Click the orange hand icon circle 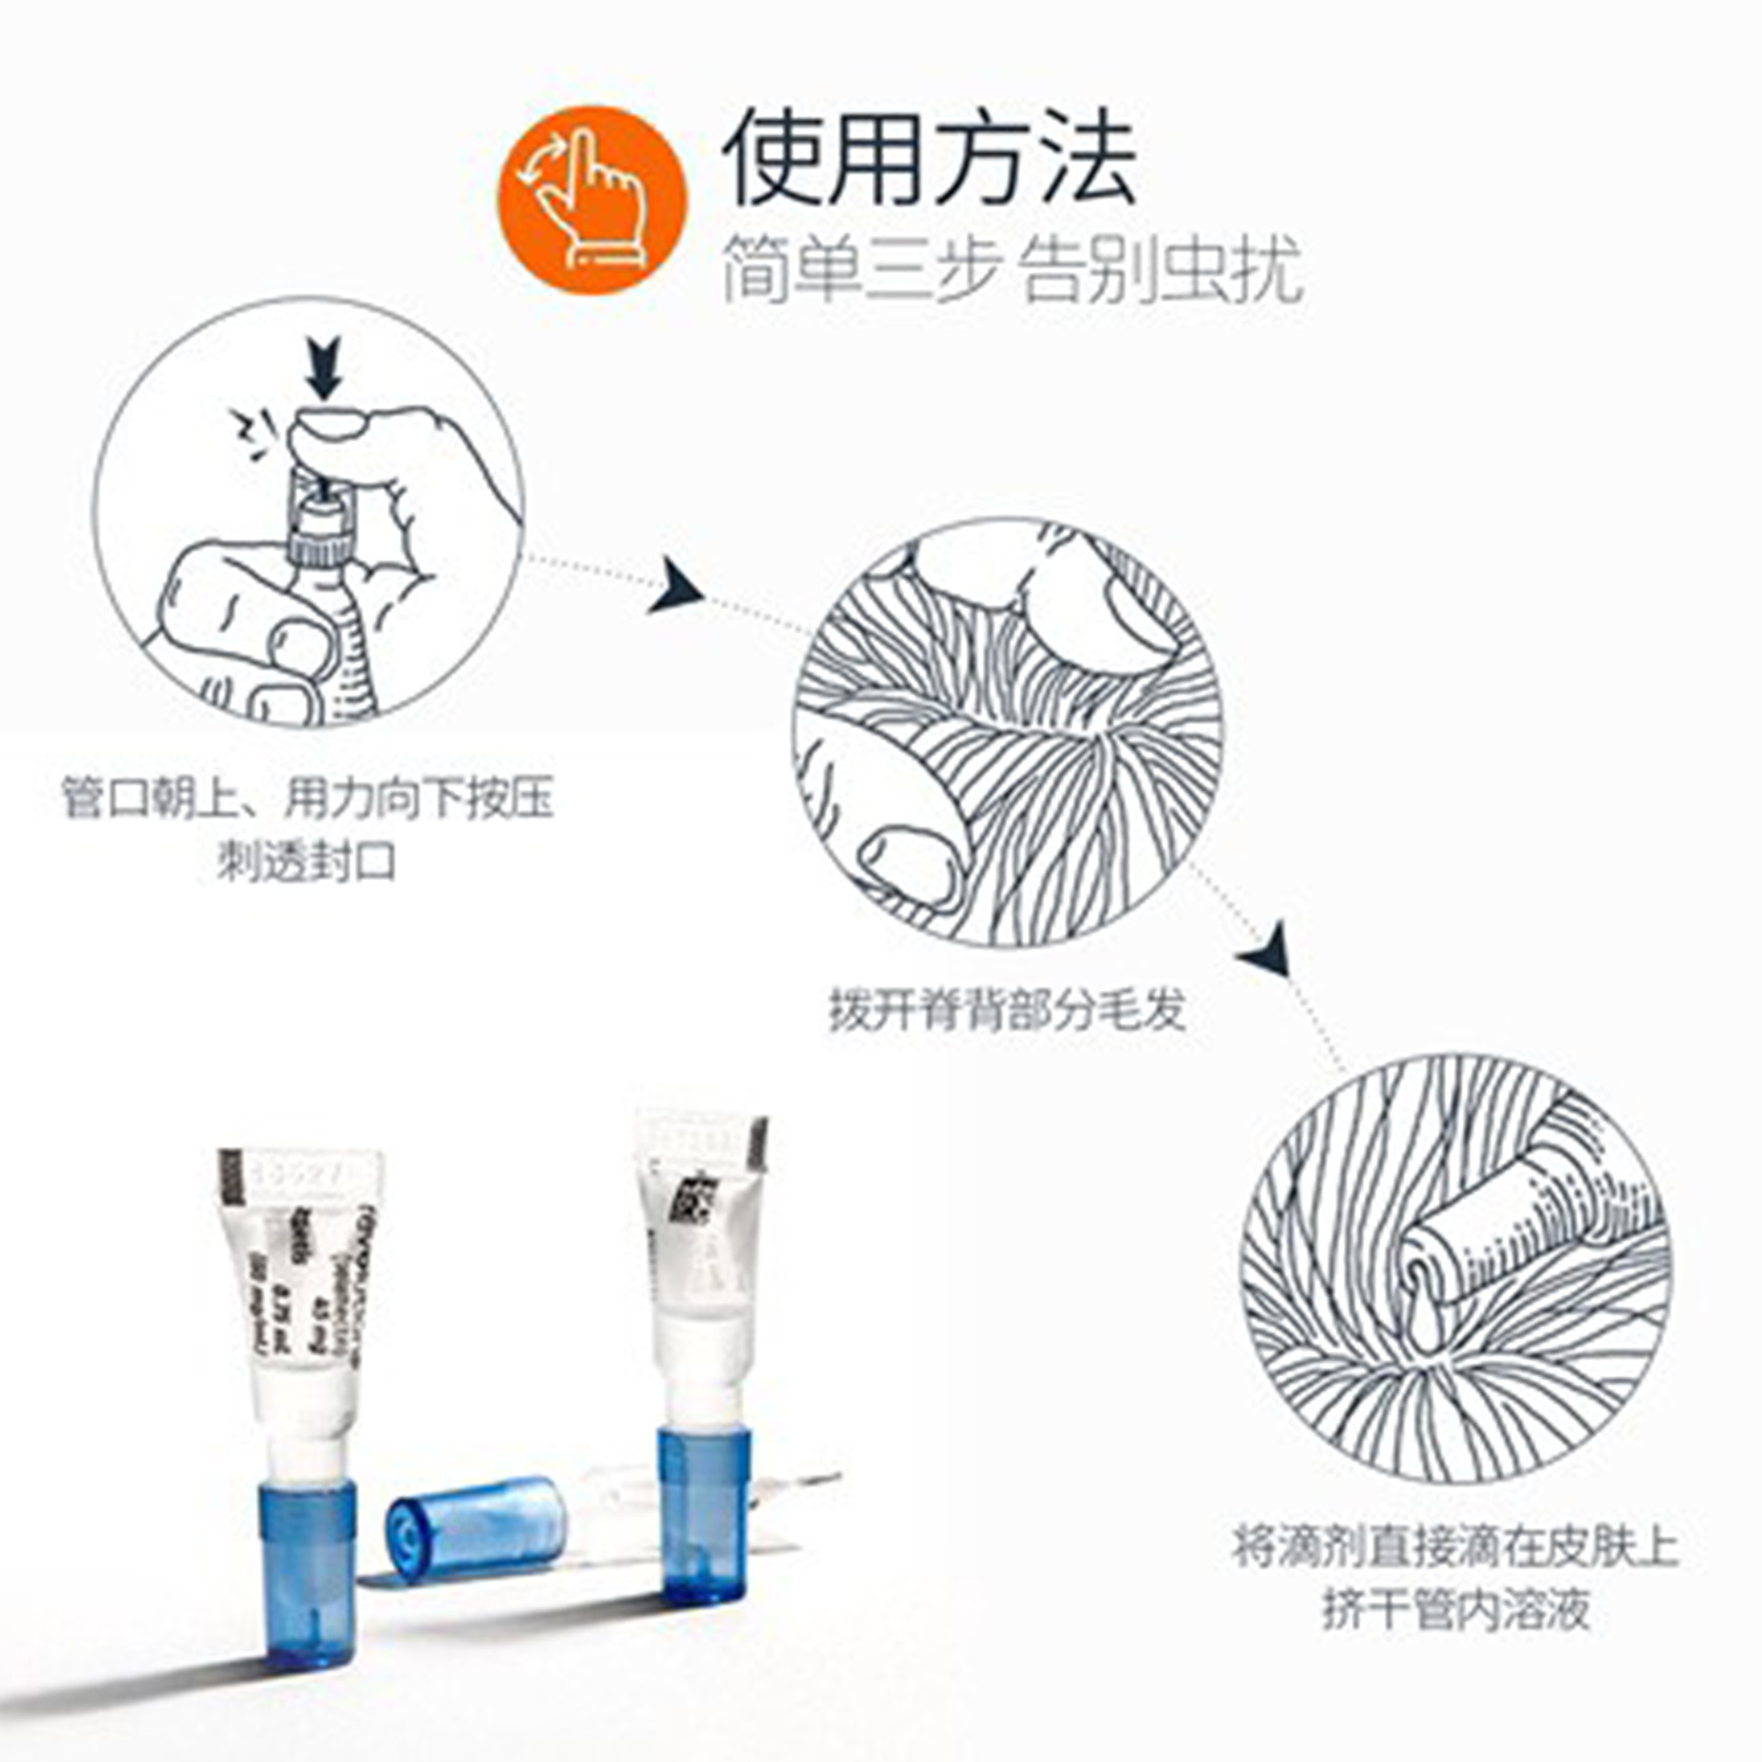click(x=592, y=200)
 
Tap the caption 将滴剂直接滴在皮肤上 click(x=1455, y=1545)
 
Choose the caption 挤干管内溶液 click(x=1455, y=1611)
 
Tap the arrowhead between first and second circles click(x=677, y=586)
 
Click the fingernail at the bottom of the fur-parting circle click(x=906, y=862)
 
